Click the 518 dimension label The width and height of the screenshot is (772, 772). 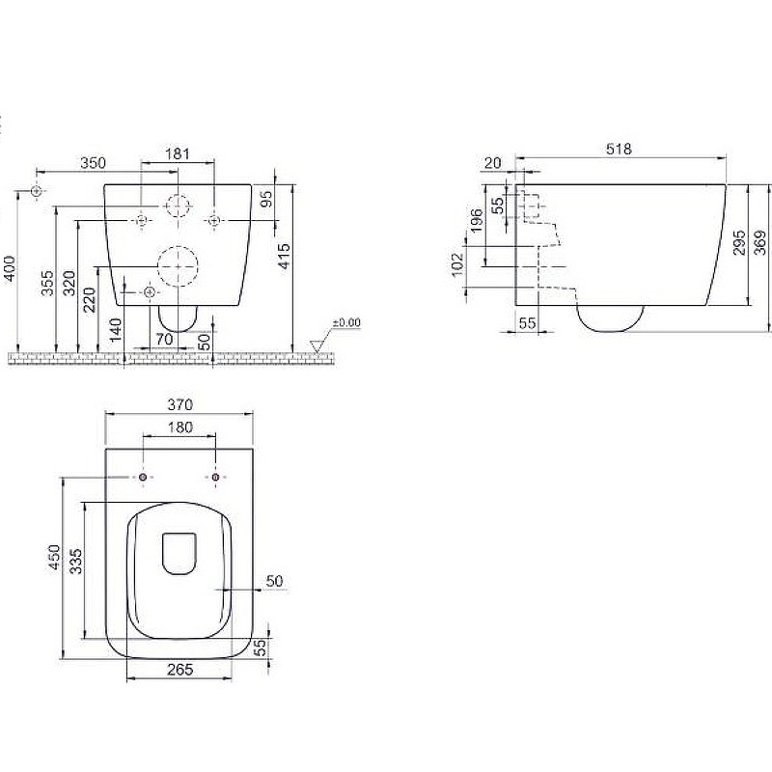(619, 149)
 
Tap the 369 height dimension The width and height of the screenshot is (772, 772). (760, 243)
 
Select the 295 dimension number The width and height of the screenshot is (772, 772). (739, 243)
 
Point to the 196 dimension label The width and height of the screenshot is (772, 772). (477, 221)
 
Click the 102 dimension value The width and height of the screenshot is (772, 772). (457, 264)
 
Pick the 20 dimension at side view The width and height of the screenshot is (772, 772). (493, 163)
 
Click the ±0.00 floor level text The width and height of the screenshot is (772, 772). (346, 323)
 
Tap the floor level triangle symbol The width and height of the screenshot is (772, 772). (317, 346)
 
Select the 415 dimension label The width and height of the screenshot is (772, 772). (284, 257)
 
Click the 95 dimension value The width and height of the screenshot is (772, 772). (266, 199)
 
